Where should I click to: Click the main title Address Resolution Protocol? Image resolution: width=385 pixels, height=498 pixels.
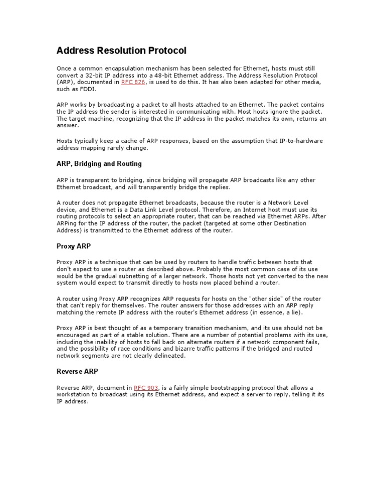[x=121, y=51]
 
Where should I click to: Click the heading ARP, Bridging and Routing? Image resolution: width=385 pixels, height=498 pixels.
[x=99, y=164]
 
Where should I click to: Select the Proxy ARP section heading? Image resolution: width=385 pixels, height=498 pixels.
[x=73, y=246]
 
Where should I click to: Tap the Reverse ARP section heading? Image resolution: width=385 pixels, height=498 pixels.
[x=77, y=372]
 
